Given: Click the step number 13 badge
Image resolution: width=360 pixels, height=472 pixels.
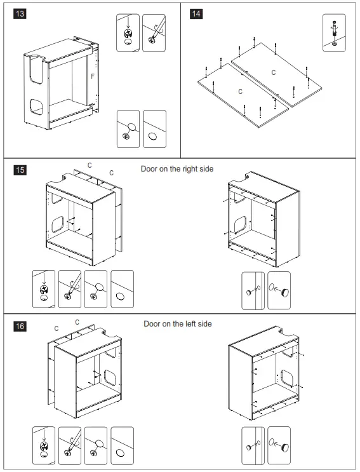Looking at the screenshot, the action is coord(20,14).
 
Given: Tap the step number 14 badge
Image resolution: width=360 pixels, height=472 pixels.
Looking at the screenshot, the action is coord(196,14).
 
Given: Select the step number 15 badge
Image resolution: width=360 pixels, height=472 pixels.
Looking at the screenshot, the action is coord(20,170).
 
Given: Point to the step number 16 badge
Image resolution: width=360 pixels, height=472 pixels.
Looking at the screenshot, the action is coord(20,326).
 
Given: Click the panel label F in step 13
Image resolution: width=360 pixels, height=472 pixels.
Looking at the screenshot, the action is coord(93,76).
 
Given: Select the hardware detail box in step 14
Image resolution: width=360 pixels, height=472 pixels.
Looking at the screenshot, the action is coord(334,33).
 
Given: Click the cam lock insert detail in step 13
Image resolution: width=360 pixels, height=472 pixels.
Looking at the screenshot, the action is coord(128,33).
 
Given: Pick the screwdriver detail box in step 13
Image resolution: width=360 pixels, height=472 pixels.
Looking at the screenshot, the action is coord(154,33).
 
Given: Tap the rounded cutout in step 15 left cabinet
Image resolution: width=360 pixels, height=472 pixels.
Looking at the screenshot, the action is coord(57,224).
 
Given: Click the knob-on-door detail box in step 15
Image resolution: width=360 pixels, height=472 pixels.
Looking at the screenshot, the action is coord(253,290).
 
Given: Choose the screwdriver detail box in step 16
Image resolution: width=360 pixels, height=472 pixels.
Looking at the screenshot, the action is coord(70,445).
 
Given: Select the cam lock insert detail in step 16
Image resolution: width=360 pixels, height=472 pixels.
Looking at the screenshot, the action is coord(44,445).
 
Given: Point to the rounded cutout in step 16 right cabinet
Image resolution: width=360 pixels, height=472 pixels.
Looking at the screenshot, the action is coord(287,378).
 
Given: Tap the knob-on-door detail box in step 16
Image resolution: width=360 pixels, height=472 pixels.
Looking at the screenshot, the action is coord(253,445).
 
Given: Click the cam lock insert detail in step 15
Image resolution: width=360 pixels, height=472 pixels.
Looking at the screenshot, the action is coord(44,289).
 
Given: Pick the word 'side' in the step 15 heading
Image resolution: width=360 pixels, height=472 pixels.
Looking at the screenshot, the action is coord(206,169).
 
